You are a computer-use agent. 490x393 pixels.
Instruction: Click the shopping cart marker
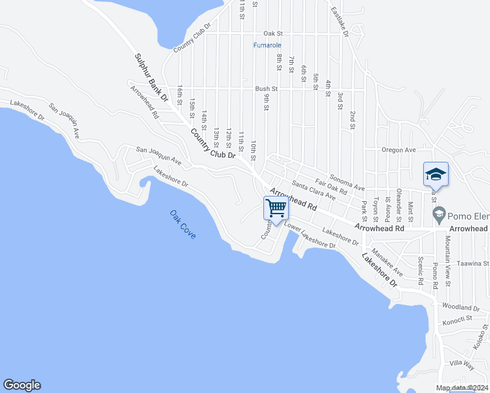[x=276, y=209]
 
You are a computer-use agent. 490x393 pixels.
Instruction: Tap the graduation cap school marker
[x=436, y=174]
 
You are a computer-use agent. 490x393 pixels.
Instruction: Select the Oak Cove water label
[x=183, y=224]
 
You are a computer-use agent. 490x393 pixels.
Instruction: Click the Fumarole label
[x=267, y=45]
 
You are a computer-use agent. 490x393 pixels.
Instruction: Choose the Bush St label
[x=267, y=88]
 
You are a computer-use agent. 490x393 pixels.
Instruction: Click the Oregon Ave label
[x=400, y=150]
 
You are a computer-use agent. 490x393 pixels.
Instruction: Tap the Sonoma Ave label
[x=347, y=183]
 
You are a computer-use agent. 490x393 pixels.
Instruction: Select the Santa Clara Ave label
[x=314, y=191]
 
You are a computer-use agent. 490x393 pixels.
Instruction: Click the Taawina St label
[x=473, y=263]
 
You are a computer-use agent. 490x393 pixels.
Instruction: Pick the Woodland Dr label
[x=461, y=307]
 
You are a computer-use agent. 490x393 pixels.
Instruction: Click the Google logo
[x=22, y=385]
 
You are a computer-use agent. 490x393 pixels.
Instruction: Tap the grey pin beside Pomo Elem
[x=438, y=214]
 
